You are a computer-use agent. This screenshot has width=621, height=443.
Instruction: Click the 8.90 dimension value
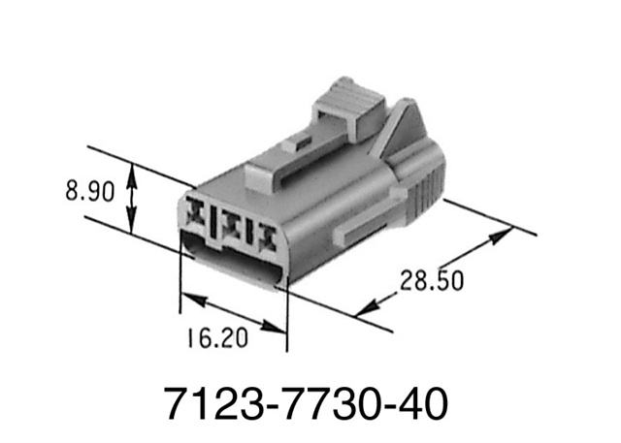(89, 191)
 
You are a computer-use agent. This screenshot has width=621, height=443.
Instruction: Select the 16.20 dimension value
(214, 338)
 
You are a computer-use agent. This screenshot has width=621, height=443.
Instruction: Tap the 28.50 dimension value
(432, 280)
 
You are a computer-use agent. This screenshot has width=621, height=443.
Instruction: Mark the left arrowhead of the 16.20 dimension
(187, 298)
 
